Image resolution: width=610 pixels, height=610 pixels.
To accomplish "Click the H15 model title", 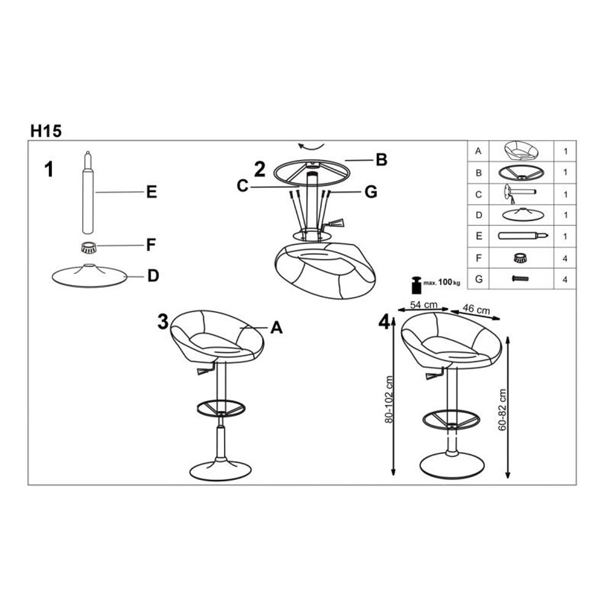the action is pos(46,131).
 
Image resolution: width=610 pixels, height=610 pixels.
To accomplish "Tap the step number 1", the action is pos(49,170).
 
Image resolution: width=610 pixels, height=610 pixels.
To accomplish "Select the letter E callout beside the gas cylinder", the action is pos(151,192).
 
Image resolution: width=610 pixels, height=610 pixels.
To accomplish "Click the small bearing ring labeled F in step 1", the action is pos(88,248).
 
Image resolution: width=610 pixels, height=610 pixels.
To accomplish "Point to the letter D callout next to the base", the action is pos(153,276).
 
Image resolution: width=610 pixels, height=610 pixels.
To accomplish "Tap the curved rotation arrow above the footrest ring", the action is pos(310,146).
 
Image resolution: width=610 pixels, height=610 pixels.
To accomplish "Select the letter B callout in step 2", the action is pos(381,159).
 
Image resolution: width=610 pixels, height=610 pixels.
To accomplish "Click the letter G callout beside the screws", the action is pos(371,192).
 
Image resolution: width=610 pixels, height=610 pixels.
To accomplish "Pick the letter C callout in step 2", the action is pos(242,186).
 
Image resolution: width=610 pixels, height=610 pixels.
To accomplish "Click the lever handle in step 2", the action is pos(335,223).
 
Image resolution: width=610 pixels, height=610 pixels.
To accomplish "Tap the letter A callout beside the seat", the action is pos(276,328).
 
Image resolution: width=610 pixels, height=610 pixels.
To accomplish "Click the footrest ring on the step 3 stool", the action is pos(221,407).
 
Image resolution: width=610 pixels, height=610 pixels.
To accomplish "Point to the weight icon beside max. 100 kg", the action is pos(417,285).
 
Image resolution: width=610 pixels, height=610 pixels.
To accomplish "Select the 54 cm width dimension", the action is pos(424,304).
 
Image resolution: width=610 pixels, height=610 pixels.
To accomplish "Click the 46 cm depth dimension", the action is pos(476,309).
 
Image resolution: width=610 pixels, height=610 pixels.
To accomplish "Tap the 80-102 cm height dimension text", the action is pos(390,399).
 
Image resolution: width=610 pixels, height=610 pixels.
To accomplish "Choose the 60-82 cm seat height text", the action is pos(502,410).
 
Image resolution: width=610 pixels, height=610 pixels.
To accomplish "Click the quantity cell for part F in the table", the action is pos(565,258).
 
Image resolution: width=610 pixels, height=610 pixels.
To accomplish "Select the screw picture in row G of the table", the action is pos(520,279).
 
